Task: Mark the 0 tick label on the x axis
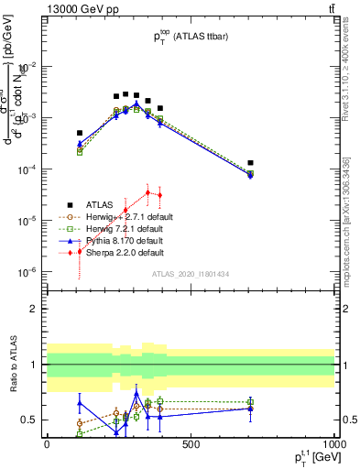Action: coord(47,448)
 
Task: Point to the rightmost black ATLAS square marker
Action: coord(250,163)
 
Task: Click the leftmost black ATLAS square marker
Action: coord(80,133)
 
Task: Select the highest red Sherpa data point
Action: coord(147,191)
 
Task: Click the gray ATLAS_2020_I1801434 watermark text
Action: coord(191,274)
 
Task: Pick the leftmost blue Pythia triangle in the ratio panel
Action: coord(80,403)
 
